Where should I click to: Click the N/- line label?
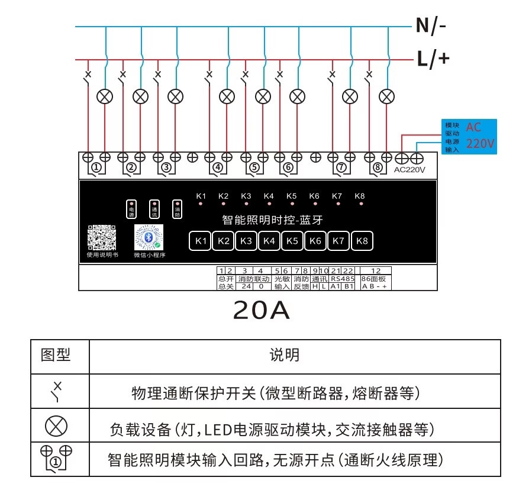[x=431, y=25]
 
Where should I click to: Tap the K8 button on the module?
[x=362, y=241]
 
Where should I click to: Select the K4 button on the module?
[x=269, y=241]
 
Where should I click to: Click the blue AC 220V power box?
[x=470, y=136]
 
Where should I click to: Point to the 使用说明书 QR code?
[x=102, y=238]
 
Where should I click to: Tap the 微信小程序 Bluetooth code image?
[x=149, y=238]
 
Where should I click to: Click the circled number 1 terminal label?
[x=96, y=168]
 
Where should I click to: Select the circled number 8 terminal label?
[x=378, y=168]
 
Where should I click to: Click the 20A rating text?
[x=262, y=309]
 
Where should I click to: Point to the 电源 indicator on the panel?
[x=131, y=209]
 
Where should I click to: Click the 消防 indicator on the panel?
[x=176, y=209]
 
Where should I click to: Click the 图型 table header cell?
[x=56, y=355]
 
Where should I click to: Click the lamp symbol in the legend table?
[x=56, y=426]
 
